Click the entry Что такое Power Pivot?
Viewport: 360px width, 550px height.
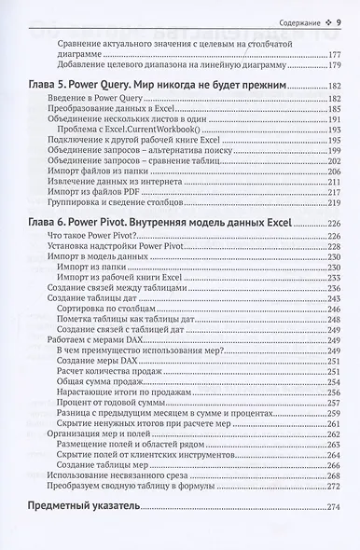[x=79, y=237]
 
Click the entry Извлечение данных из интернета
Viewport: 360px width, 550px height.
[x=104, y=179]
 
